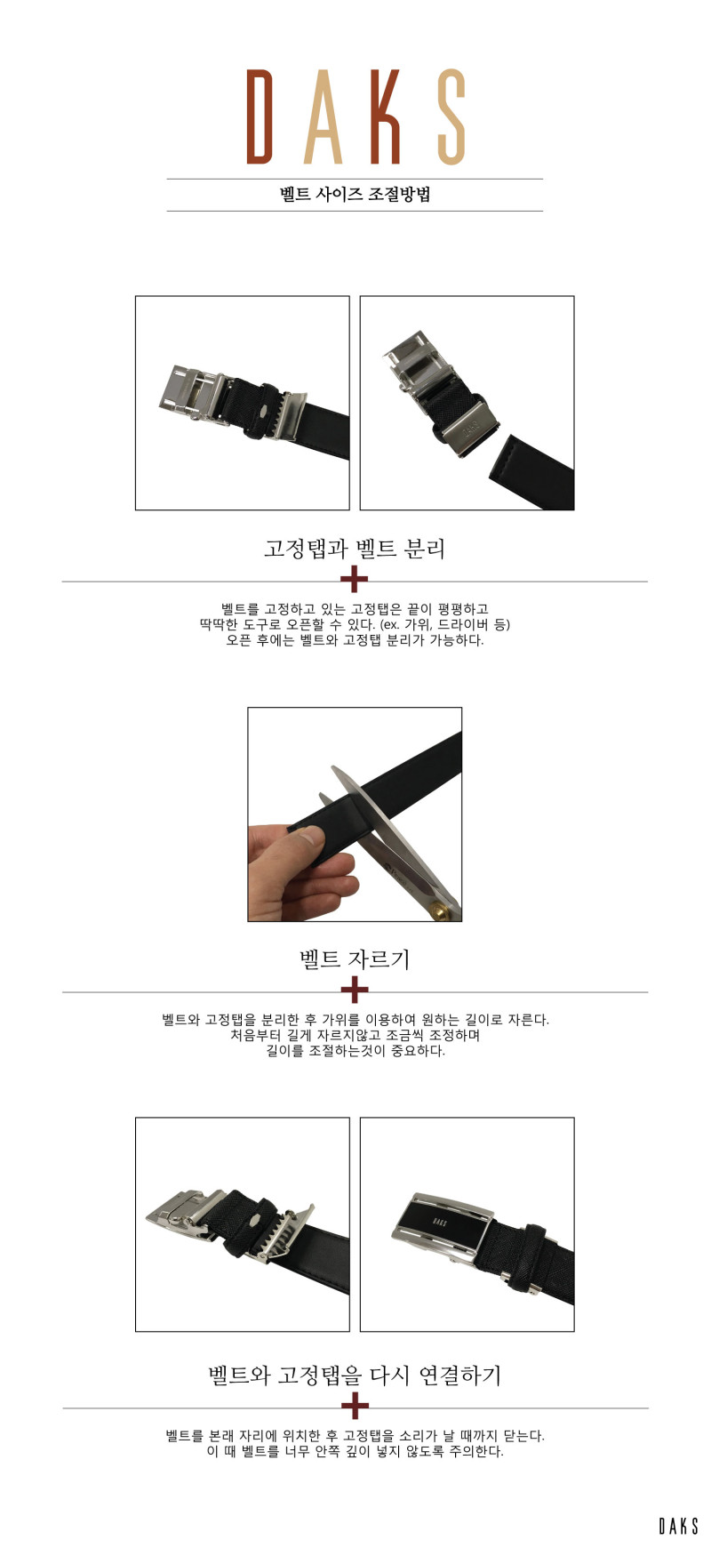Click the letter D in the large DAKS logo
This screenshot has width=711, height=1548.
point(260,116)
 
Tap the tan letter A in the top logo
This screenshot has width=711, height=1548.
point(324,116)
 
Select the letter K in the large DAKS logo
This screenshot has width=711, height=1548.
point(386,116)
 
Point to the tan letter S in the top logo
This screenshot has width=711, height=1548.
point(452,116)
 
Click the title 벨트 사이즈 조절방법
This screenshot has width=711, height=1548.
point(355,195)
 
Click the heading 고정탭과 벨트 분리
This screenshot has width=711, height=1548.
point(355,548)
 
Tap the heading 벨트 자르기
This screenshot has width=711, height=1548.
point(355,958)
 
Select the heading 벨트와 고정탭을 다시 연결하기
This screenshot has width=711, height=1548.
point(355,1376)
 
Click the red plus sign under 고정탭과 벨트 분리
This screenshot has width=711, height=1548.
point(355,580)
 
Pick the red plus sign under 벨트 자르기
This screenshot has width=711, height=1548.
point(355,991)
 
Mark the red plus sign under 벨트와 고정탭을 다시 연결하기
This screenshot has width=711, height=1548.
point(355,1407)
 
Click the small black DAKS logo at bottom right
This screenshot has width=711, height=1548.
point(678,1526)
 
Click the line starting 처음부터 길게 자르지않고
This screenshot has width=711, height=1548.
point(355,1035)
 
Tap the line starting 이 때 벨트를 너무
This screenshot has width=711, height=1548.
point(355,1451)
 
